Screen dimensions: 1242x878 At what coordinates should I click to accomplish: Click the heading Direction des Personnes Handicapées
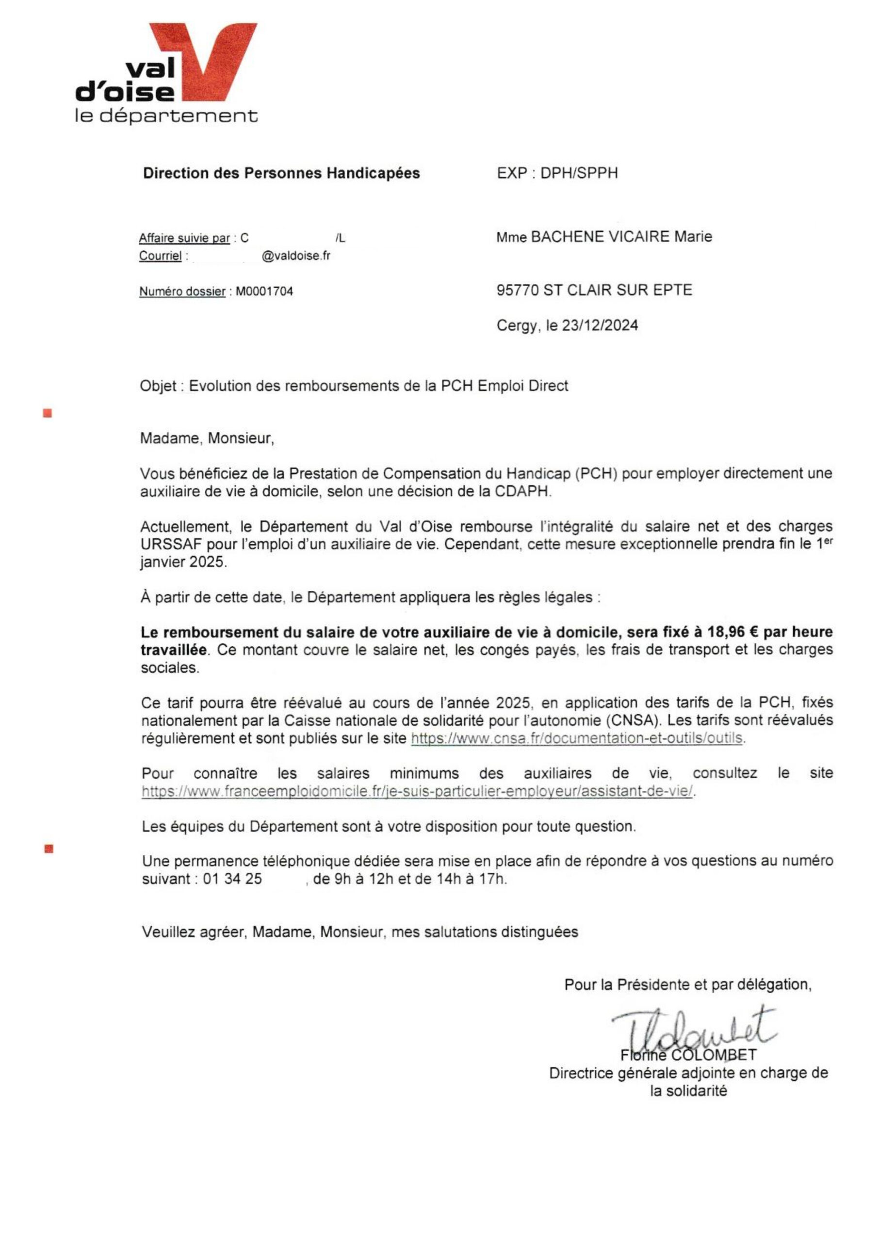tap(281, 173)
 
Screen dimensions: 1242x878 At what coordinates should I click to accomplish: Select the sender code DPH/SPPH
tap(579, 173)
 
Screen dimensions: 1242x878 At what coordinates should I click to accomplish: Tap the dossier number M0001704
tap(264, 292)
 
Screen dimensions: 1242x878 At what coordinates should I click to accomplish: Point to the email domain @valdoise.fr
tap(296, 256)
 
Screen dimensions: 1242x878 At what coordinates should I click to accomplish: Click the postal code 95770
tap(518, 291)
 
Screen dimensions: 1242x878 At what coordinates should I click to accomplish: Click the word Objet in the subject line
tap(158, 386)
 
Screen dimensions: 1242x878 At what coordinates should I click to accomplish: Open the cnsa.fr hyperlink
tap(577, 738)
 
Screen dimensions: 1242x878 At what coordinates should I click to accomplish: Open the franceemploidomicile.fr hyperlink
tap(417, 791)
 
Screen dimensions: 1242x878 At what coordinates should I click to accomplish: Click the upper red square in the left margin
tap(48, 414)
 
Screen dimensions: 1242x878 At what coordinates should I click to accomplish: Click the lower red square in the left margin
tap(49, 849)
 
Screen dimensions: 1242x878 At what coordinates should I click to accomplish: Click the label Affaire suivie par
tap(184, 239)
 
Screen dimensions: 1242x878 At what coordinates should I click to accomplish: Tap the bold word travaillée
tap(174, 650)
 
